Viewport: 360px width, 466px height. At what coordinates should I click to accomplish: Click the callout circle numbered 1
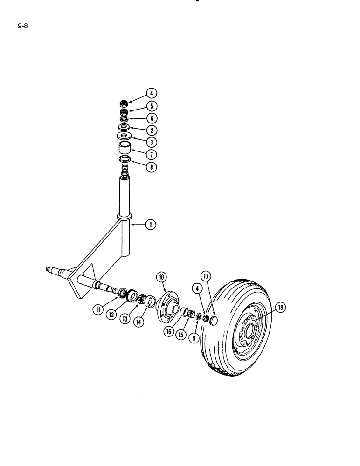pos(150,225)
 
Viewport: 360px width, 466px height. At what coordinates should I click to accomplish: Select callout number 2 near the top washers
pos(151,130)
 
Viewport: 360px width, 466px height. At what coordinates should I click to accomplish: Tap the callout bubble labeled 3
pos(151,142)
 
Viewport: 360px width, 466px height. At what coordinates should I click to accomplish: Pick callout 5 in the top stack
pos(151,106)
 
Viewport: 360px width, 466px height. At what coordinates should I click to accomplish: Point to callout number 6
pos(151,118)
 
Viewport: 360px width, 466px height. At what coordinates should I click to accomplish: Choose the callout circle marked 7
pos(151,154)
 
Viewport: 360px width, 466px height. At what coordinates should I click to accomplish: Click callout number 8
pos(151,166)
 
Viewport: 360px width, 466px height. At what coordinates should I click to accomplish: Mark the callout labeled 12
pos(111,315)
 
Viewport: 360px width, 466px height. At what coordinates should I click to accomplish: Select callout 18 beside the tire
pos(281,307)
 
